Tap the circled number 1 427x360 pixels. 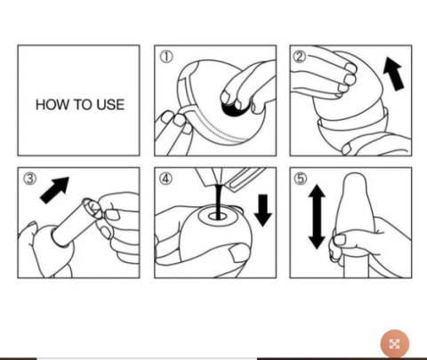(166, 57)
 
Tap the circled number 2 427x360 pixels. (300, 56)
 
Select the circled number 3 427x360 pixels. (29, 179)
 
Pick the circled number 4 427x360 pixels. (165, 179)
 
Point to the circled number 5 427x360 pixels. (301, 179)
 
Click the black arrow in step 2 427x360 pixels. (394, 74)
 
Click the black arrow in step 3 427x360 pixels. (55, 189)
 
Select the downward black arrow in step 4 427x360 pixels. (263, 211)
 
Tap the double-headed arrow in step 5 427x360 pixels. (317, 217)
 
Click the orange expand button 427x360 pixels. (395, 344)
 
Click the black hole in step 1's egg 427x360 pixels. (234, 108)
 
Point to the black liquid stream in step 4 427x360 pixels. (219, 202)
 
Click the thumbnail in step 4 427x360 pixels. (239, 254)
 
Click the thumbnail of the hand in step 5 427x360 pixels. (340, 239)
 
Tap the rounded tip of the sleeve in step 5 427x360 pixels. (355, 178)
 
